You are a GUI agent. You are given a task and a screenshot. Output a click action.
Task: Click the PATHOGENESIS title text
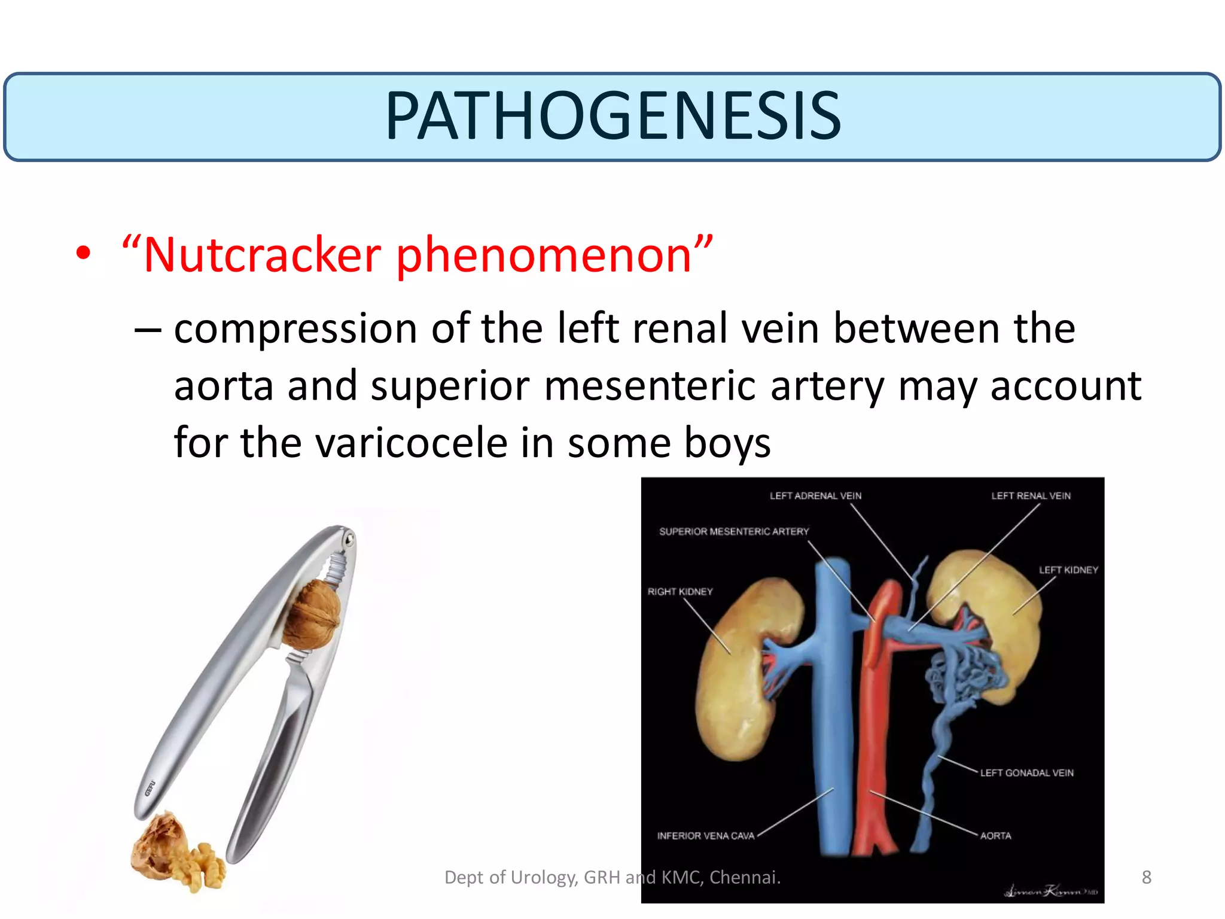coord(612,116)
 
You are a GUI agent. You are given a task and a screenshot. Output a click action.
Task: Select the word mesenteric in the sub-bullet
coord(650,387)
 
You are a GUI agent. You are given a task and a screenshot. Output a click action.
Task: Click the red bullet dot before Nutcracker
coord(83,254)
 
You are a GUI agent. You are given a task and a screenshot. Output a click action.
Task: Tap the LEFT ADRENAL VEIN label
coord(815,496)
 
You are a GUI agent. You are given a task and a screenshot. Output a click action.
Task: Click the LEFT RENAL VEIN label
coord(1031,496)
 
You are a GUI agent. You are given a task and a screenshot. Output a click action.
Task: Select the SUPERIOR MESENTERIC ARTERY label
coord(733,531)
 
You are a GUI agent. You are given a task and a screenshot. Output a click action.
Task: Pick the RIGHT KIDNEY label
coord(680,592)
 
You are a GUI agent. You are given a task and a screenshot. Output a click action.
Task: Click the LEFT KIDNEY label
coord(1068,570)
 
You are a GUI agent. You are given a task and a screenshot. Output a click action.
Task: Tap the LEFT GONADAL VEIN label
coord(1026,773)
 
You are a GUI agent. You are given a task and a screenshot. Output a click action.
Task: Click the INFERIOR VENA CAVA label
coord(706,836)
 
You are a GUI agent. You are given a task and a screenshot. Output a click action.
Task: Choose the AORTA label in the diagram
coord(995,836)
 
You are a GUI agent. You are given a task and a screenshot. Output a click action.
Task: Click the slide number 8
coord(1146,877)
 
